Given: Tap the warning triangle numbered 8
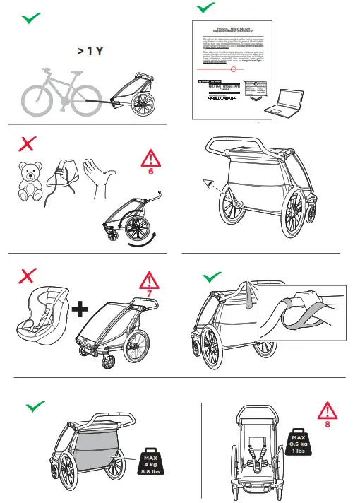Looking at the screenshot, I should tap(327, 415).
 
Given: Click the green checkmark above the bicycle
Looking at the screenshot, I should tap(29, 18).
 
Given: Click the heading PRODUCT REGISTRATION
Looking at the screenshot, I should tap(234, 30).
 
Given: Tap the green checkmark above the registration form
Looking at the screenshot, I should tap(205, 8).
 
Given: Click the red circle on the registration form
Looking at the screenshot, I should tap(234, 69).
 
